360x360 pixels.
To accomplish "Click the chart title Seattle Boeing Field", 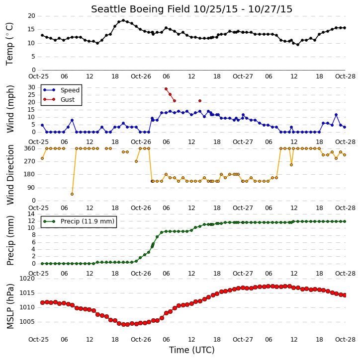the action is click(x=140, y=9).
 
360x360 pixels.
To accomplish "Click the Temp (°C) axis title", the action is click(x=9, y=44).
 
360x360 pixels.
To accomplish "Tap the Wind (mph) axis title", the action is click(x=10, y=109).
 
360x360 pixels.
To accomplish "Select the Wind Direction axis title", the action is click(x=10, y=175).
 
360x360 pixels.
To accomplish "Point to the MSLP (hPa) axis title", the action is click(x=10, y=306).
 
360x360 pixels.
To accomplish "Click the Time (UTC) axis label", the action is click(x=192, y=350).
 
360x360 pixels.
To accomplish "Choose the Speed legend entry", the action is click(x=61, y=90).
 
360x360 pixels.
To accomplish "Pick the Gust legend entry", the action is click(x=59, y=99).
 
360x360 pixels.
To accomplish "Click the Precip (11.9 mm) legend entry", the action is click(x=79, y=221).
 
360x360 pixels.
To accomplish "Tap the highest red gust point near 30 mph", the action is click(x=166, y=89).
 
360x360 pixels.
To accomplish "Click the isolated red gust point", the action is click(x=200, y=101).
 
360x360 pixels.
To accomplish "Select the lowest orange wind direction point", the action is click(x=72, y=194).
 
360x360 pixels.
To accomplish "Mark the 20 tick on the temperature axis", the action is click(x=32, y=16).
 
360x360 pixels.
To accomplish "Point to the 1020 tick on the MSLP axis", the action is click(x=27, y=279).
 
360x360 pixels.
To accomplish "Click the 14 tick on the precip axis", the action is click(x=32, y=214).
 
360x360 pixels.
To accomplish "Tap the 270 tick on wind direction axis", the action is click(x=30, y=161).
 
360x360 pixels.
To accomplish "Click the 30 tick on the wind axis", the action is click(x=32, y=87).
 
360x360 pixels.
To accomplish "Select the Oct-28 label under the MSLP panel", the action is click(x=345, y=339).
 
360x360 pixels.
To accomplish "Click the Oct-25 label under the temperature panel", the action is click(x=39, y=76).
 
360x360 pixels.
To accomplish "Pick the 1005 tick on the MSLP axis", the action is click(x=27, y=322).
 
